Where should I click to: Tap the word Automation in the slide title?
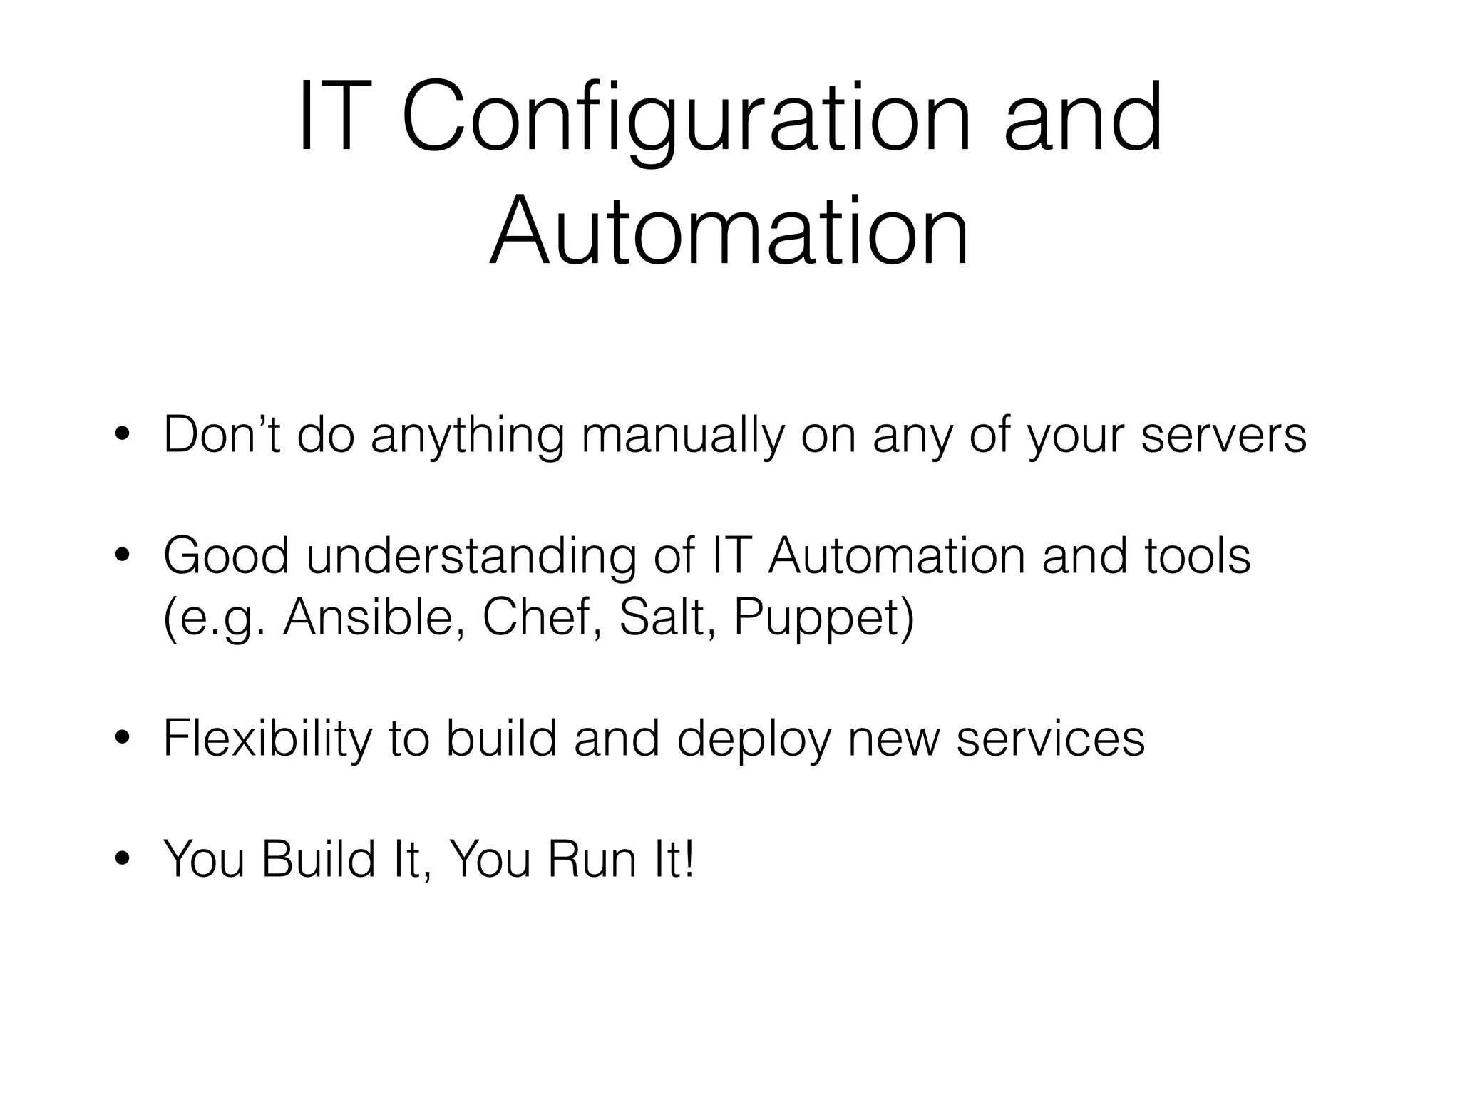tap(729, 232)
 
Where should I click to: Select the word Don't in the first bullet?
tap(222, 434)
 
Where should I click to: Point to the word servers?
tap(1223, 436)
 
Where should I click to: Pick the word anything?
tap(468, 436)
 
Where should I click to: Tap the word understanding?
tap(471, 557)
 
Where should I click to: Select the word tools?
tap(1198, 556)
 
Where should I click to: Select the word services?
tap(1050, 739)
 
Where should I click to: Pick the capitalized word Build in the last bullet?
tap(318, 859)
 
